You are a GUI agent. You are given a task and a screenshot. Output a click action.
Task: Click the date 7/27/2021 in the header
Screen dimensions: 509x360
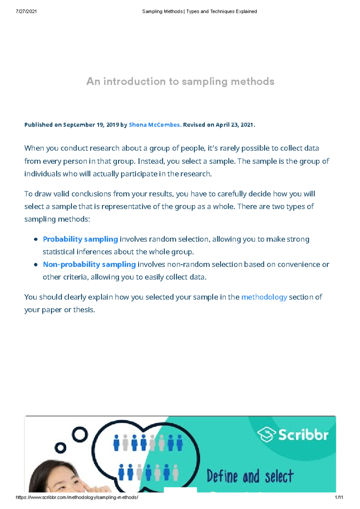(x=26, y=11)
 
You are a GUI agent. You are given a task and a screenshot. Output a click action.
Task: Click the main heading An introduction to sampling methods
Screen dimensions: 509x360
(x=180, y=82)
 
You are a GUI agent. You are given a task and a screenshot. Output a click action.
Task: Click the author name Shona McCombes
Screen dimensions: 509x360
(x=155, y=125)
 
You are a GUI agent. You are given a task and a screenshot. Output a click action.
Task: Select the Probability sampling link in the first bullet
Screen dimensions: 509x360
(x=80, y=239)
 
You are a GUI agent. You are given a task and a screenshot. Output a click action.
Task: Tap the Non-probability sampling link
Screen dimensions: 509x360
(x=89, y=264)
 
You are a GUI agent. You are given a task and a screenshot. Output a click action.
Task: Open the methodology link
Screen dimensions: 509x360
(x=264, y=297)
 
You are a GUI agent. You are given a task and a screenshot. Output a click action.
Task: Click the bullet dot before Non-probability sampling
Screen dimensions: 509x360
(x=36, y=265)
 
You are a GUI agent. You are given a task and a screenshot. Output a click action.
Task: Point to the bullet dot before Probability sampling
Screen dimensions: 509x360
(x=36, y=240)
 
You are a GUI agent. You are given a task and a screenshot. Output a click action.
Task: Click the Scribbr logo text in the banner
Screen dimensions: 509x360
(x=303, y=435)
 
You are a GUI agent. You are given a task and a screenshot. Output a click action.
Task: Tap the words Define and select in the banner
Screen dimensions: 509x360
(x=250, y=476)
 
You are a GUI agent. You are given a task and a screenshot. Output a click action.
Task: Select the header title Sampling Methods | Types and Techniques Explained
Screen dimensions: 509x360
(x=199, y=11)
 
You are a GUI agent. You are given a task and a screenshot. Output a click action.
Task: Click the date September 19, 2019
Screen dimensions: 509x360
(x=91, y=125)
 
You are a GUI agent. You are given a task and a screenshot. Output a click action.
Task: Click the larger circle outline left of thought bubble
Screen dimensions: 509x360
(x=80, y=434)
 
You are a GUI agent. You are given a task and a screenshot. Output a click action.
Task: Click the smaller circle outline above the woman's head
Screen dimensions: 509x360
(x=60, y=448)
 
